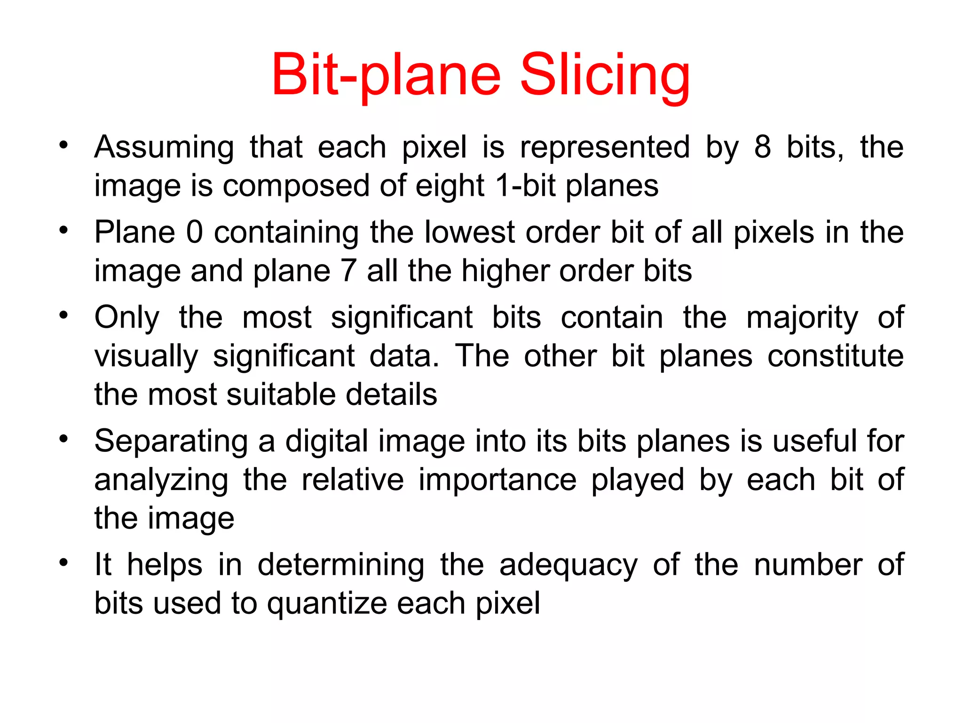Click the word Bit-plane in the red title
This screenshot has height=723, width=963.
386,75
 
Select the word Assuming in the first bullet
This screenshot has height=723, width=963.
164,147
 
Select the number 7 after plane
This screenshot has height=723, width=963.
348,271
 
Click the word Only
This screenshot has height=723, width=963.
127,318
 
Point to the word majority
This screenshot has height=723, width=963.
802,318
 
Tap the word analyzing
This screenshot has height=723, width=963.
161,480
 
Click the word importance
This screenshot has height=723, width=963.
497,480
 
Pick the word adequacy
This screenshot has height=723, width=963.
568,565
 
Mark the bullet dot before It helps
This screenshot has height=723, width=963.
64,562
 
